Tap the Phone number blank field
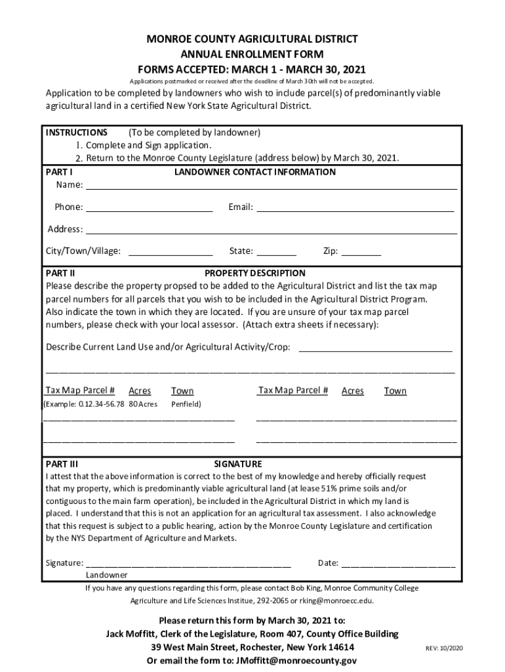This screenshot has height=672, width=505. [150, 208]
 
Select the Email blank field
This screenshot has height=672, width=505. [355, 208]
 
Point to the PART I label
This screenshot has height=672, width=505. [58, 172]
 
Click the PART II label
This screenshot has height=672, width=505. [60, 273]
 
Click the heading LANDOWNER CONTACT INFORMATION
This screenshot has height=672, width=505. [255, 172]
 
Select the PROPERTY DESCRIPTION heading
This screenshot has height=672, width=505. [255, 273]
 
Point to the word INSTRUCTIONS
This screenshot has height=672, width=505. [77, 133]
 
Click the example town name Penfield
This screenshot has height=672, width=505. [186, 404]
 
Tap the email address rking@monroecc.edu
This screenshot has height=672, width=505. [338, 600]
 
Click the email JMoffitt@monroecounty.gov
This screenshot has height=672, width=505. [297, 661]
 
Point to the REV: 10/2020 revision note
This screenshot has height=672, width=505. [445, 648]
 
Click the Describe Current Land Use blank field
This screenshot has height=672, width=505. [376, 348]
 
